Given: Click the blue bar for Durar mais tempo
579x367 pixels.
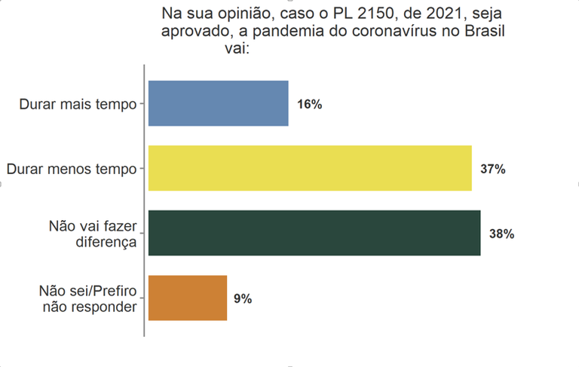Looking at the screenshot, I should point(219,103).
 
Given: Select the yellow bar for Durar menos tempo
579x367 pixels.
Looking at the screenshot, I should point(310,168).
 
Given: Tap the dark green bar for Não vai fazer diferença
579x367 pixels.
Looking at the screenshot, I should point(314,234).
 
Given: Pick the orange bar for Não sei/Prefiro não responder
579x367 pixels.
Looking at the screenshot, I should point(188,298).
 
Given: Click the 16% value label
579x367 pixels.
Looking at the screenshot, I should point(309,104).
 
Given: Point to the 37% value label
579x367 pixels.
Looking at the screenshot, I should point(492,169).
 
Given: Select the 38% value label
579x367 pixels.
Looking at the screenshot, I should point(501,234).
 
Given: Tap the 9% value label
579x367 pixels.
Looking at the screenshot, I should point(242,299).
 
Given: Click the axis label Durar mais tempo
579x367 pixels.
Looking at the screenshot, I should point(78,104).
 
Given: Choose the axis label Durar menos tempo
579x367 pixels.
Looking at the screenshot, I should point(72,169).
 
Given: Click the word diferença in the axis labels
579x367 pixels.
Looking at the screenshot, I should point(106,242).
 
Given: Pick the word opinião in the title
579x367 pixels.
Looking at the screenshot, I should point(247,14).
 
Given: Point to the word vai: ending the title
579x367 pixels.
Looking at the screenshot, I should point(237,50).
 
